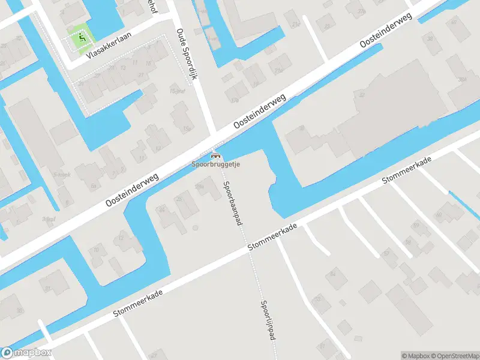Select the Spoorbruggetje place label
[x=215, y=164]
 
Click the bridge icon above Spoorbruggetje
[x=215, y=155]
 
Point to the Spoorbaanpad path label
[x=230, y=199]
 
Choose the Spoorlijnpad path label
[x=268, y=320]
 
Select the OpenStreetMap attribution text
[x=457, y=356]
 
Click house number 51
[x=323, y=346]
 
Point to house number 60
[x=439, y=214]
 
